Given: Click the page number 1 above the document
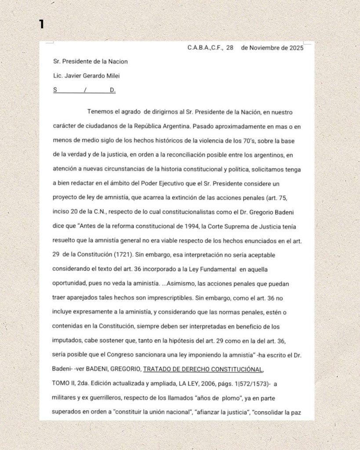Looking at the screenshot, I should [x=41, y=24].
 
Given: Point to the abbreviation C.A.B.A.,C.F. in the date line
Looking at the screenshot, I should [x=204, y=48].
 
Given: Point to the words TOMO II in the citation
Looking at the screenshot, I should [x=65, y=384].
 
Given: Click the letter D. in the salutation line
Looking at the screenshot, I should [x=113, y=90].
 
